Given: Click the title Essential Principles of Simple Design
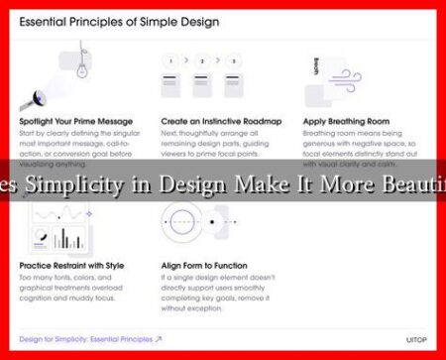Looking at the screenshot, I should click(119, 21).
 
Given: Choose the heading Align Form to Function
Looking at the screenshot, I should click(205, 267).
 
